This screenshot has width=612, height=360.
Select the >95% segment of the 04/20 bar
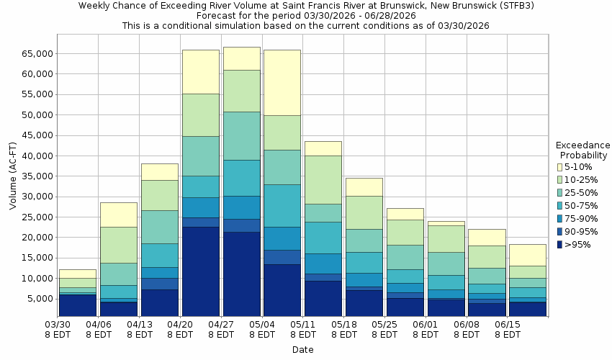coord(200,271)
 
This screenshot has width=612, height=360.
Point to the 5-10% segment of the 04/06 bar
coord(118,215)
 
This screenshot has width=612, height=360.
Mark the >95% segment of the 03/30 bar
coord(77,305)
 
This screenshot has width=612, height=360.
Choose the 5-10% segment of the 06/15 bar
coord(528,255)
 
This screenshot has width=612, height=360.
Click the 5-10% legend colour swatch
coord(559,167)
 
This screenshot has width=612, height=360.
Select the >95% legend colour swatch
coord(559,245)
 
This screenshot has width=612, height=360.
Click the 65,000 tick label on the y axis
coord(33,54)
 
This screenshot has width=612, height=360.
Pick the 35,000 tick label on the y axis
coord(33,176)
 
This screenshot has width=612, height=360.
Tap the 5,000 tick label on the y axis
coord(36,299)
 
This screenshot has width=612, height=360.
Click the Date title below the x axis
coord(302,350)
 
